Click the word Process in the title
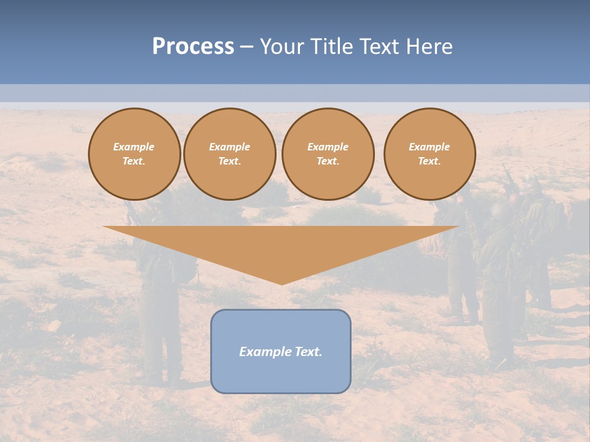193,47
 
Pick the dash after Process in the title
246,47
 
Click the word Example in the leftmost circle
134,147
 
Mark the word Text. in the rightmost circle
429,161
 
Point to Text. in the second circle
229,161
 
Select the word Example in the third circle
328,147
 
